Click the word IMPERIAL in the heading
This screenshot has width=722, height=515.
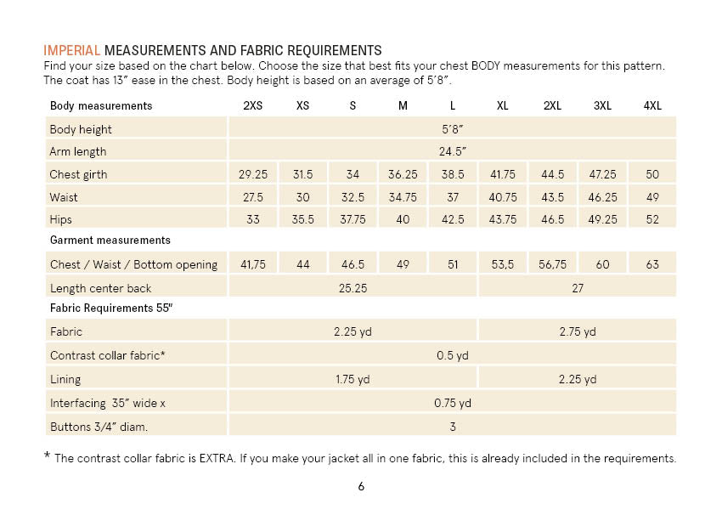click(71, 50)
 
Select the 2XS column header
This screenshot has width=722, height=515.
click(252, 106)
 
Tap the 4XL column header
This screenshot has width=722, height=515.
click(652, 106)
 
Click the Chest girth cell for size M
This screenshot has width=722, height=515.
click(403, 174)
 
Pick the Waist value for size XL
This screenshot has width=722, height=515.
click(503, 197)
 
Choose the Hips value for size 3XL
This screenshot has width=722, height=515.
click(602, 219)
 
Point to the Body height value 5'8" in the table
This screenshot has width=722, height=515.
click(452, 129)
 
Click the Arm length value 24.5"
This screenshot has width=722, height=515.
click(452, 152)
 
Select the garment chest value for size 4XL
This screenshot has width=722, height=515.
click(652, 265)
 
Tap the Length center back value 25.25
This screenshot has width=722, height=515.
click(353, 288)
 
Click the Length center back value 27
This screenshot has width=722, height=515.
click(577, 288)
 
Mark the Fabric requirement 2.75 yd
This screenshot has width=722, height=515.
click(577, 332)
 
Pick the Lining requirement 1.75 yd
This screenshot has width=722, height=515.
click(353, 379)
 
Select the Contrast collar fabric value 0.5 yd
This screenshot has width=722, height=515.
click(452, 355)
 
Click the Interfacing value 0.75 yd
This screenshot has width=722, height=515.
click(452, 403)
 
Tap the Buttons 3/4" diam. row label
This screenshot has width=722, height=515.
click(104, 426)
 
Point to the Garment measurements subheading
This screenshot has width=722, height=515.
click(110, 241)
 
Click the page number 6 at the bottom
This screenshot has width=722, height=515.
click(361, 487)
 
